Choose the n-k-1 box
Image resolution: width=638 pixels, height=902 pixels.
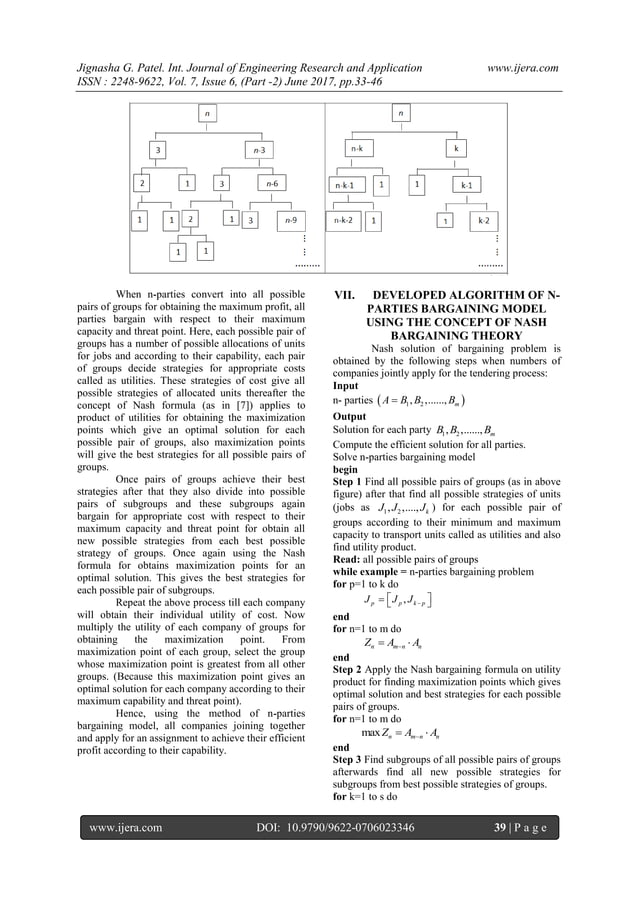point(349,185)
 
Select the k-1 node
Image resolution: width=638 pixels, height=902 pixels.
point(466,185)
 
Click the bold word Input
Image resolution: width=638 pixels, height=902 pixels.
point(348,385)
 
